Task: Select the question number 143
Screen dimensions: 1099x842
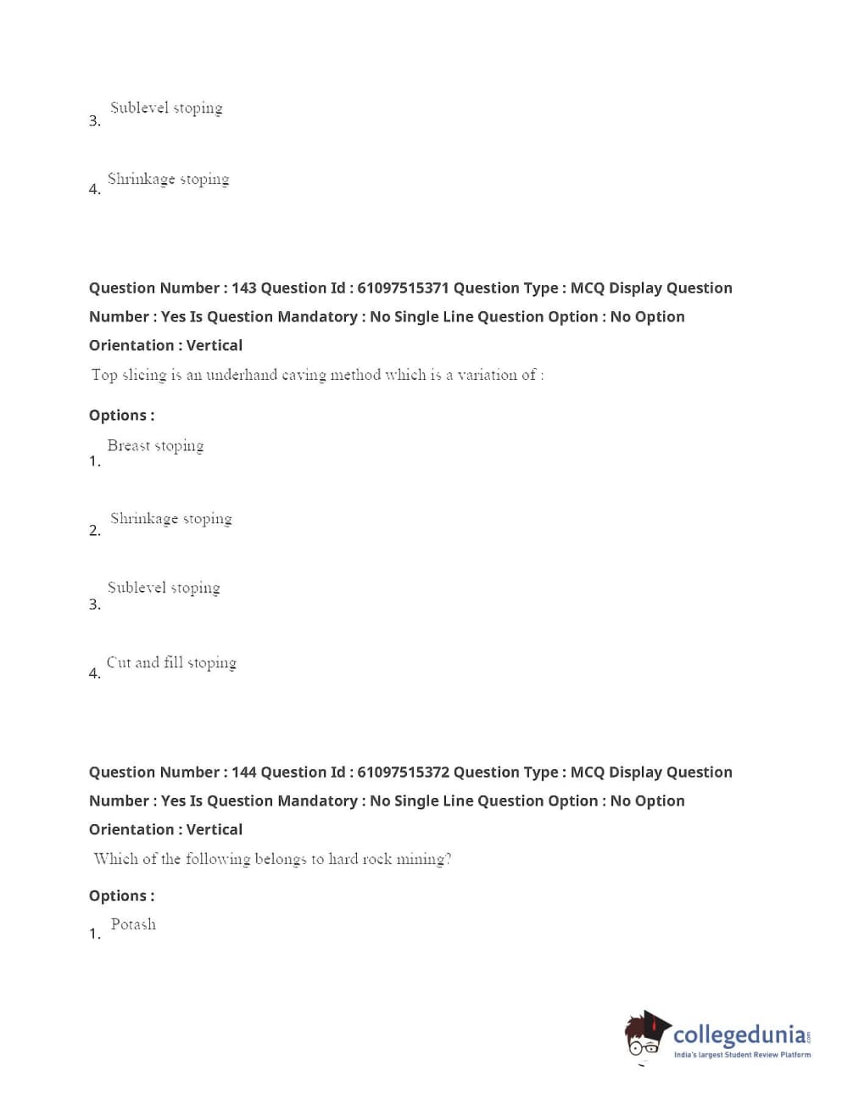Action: (x=244, y=288)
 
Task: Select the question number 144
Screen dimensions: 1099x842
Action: (x=244, y=773)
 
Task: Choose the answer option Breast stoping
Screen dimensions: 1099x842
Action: (x=155, y=446)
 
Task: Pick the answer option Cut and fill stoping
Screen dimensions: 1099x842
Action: (x=171, y=663)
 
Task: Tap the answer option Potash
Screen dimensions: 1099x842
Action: (x=133, y=924)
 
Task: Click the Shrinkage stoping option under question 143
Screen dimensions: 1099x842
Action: (x=170, y=519)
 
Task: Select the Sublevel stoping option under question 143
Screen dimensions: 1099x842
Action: (x=164, y=588)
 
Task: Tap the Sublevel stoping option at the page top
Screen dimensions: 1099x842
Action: (x=166, y=108)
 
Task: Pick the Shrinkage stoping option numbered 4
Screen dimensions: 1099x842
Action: (x=168, y=179)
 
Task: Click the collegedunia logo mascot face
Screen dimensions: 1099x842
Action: (x=646, y=1035)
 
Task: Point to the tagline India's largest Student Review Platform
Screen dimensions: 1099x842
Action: (x=742, y=1055)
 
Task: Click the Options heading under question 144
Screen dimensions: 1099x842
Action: (x=121, y=895)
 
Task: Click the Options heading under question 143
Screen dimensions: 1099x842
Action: (x=121, y=416)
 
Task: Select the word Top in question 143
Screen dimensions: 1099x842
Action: (x=104, y=375)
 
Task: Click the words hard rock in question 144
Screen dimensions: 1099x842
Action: (x=360, y=859)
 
